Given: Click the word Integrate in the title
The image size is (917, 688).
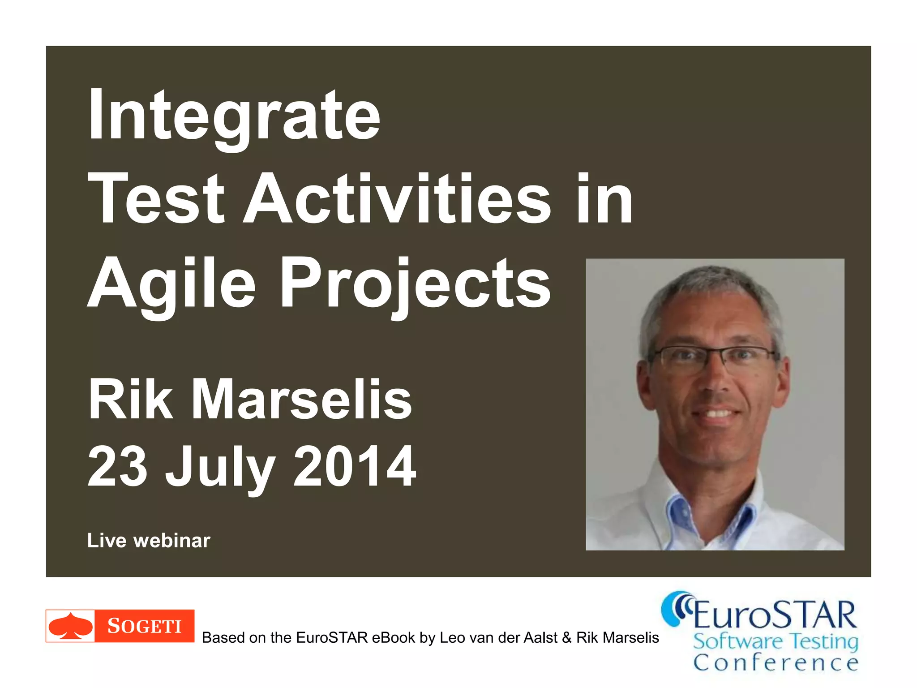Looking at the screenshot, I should [x=234, y=116].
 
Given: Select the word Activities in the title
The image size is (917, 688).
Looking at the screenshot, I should [x=399, y=199].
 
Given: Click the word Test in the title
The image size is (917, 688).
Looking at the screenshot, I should [x=156, y=199].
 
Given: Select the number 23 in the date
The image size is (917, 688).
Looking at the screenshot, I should [x=117, y=466].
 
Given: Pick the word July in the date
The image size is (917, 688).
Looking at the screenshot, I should [x=220, y=468].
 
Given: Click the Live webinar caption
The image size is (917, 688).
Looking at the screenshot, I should [x=149, y=541].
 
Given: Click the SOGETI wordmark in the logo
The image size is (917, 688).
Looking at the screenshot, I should [x=144, y=626].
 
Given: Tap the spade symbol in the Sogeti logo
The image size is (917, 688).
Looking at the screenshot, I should [x=70, y=626].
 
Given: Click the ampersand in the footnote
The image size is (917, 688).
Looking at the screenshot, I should [x=567, y=637].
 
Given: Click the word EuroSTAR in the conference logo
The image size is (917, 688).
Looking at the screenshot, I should [x=775, y=615].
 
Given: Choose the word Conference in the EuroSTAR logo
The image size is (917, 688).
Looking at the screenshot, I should [x=776, y=662].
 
